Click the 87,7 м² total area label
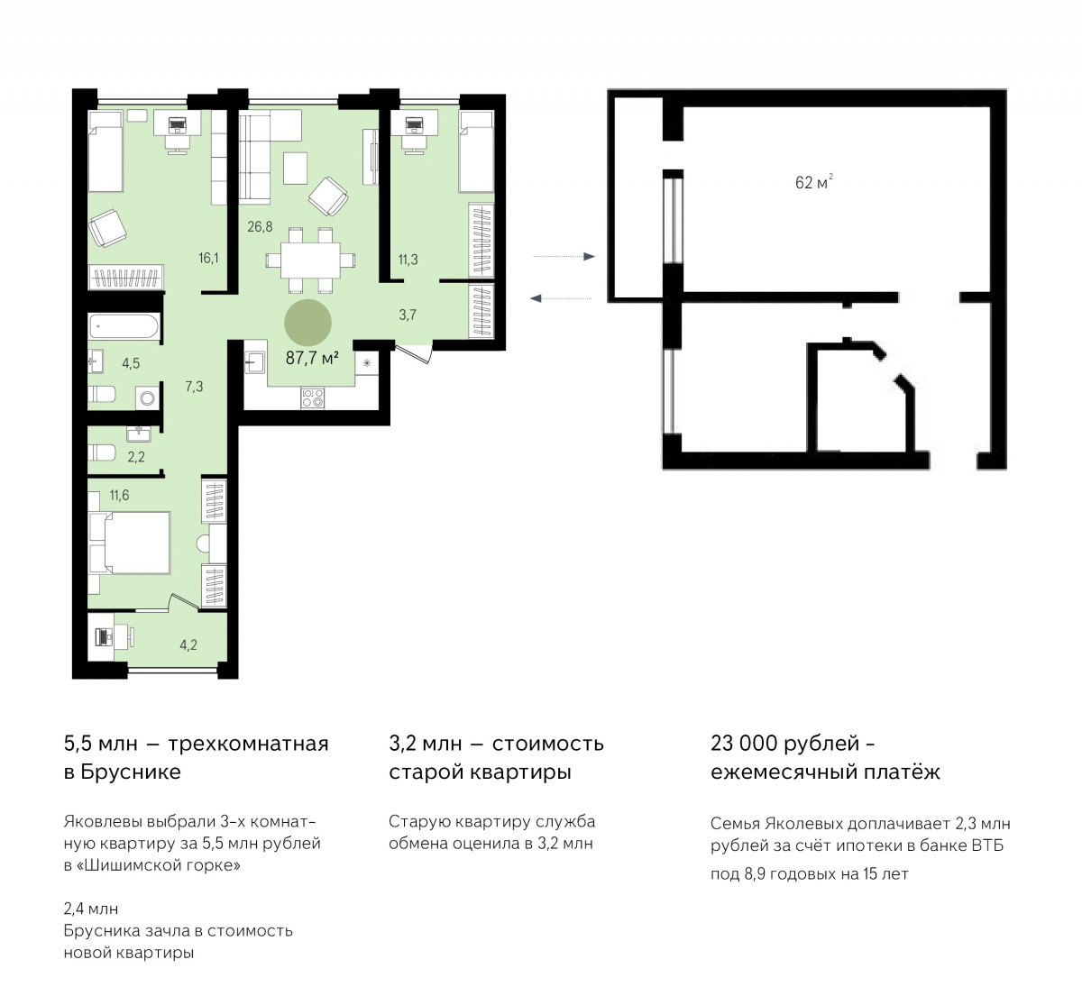[x=312, y=358]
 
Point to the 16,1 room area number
[x=209, y=258]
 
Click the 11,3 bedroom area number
[x=408, y=260]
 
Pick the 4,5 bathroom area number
[x=131, y=364]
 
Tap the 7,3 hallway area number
[x=194, y=386]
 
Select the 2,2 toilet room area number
[x=136, y=457]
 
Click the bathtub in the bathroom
[x=125, y=327]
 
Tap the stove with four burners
[x=313, y=398]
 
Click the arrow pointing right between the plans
[x=564, y=257]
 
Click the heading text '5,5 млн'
[x=98, y=744]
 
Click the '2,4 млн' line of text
[x=91, y=909]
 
